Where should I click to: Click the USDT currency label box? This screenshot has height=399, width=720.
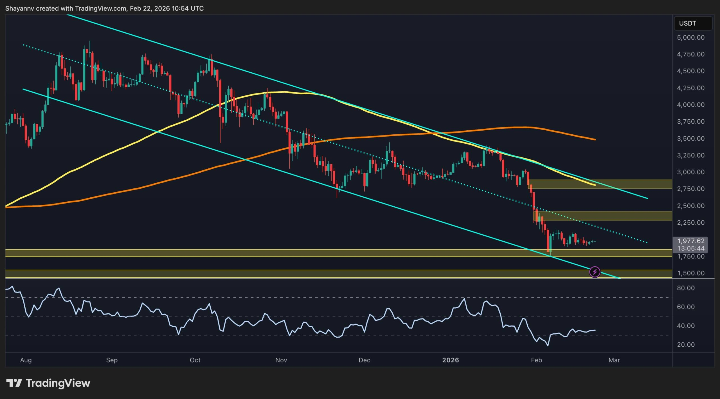tap(693, 23)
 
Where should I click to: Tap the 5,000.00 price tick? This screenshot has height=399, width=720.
tap(690, 37)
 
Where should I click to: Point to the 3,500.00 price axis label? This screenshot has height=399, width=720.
tap(690, 139)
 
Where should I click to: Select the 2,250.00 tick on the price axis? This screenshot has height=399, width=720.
tap(690, 222)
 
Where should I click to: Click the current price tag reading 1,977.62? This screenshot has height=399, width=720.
tap(690, 241)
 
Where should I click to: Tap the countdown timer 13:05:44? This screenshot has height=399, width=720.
tap(690, 248)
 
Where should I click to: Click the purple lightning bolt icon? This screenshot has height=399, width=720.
tap(595, 272)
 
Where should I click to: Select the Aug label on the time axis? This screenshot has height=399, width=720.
tap(26, 360)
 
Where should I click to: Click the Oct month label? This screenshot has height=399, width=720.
tap(195, 360)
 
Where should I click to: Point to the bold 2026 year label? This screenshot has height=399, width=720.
tap(450, 360)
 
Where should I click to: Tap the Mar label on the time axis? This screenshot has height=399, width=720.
tap(614, 360)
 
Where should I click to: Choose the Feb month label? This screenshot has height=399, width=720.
tap(536, 360)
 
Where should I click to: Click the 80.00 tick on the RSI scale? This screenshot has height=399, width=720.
tap(686, 288)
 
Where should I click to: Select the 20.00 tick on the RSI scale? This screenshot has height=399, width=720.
tap(686, 345)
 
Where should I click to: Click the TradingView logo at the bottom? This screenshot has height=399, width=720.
tap(48, 383)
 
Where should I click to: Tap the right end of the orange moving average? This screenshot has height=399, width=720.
tap(595, 139)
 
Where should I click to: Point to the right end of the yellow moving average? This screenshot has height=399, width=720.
tap(595, 185)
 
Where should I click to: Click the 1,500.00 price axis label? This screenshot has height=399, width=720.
tap(690, 273)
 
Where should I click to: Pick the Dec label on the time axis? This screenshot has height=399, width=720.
tap(364, 360)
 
